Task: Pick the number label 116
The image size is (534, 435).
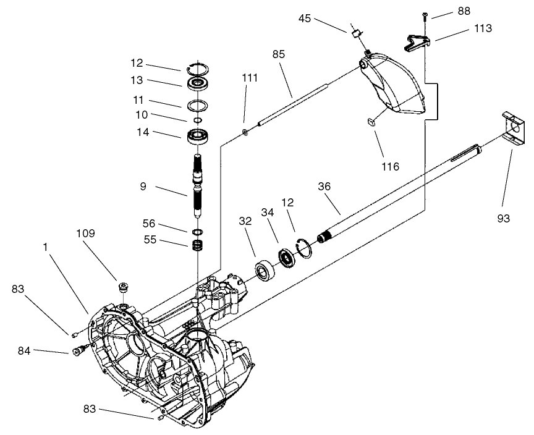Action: [x=391, y=167]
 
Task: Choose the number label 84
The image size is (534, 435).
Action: [x=24, y=351]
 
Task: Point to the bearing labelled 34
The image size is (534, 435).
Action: [x=287, y=256]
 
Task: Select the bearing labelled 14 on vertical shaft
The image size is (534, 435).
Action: [x=198, y=135]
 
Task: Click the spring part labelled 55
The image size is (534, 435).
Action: [x=198, y=245]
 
